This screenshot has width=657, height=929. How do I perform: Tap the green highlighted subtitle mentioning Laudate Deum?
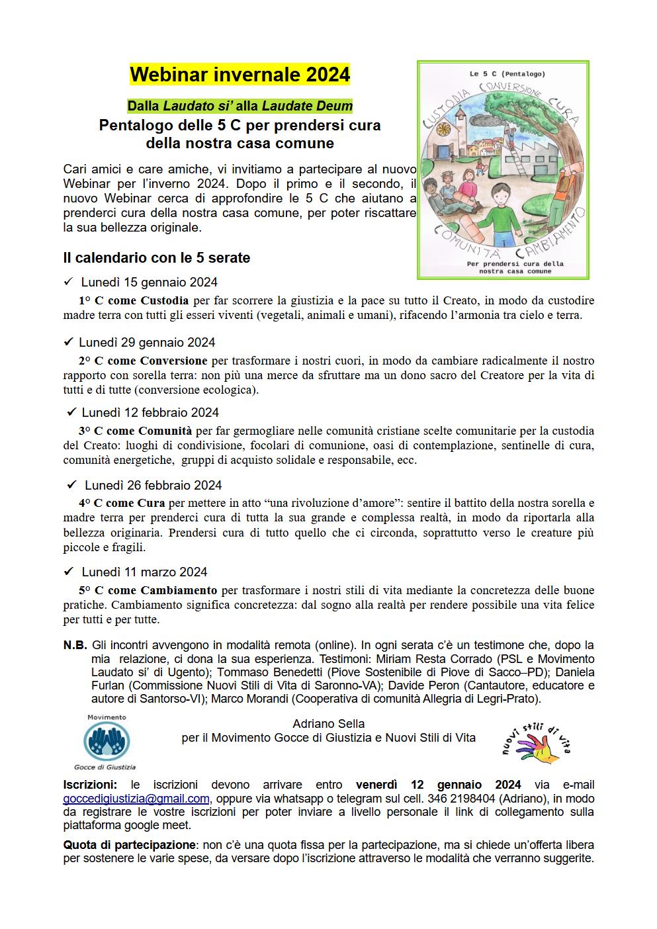coord(240,106)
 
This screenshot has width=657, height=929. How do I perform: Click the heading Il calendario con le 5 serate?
coord(156,258)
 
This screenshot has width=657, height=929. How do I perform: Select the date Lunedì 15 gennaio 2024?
coord(150,283)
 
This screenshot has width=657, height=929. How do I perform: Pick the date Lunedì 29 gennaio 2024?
coord(147,343)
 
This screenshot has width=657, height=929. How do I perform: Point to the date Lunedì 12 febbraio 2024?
coord(150,413)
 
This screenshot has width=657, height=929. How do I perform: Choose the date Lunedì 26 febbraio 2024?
coord(153,485)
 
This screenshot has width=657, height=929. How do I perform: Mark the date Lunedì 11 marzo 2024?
coord(144,572)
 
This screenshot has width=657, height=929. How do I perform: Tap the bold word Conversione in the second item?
coord(174,361)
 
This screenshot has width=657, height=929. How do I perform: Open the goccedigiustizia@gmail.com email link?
coord(136,799)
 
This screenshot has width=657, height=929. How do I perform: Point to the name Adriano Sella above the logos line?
coord(328,724)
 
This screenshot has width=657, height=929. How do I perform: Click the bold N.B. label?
coord(75,645)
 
